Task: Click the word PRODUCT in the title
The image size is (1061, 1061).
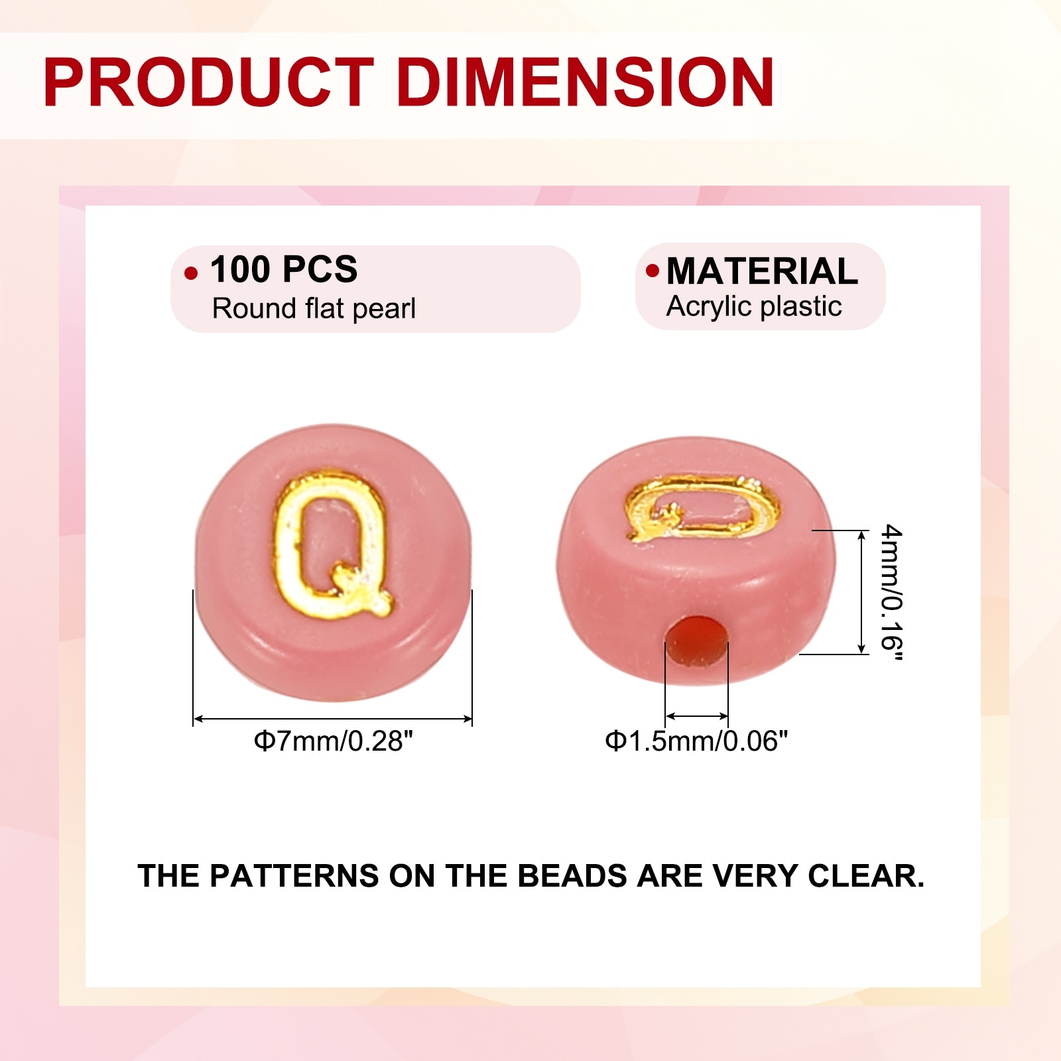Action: [209, 82]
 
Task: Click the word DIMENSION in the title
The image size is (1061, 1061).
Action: [586, 82]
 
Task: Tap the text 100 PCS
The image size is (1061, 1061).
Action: [284, 269]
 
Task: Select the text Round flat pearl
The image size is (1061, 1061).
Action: [314, 308]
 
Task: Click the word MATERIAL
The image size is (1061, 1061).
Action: [762, 271]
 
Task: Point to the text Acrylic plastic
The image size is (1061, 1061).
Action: [754, 307]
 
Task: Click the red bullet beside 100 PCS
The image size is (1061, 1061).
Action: [191, 273]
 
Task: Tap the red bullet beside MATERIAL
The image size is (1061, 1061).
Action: [653, 270]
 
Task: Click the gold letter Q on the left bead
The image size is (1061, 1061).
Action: [331, 544]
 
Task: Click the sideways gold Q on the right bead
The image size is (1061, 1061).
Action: [702, 508]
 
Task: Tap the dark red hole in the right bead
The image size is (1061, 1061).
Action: [697, 640]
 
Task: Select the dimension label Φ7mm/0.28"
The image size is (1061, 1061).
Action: [333, 741]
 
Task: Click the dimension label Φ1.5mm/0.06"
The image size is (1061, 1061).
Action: [696, 741]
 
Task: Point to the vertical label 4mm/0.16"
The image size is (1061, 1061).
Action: [892, 592]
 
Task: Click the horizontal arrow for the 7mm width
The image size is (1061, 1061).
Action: [333, 719]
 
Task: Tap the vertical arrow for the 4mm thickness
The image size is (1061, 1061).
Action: [861, 592]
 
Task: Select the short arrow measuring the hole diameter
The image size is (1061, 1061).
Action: [697, 716]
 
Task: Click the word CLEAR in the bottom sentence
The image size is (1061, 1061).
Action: [865, 876]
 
